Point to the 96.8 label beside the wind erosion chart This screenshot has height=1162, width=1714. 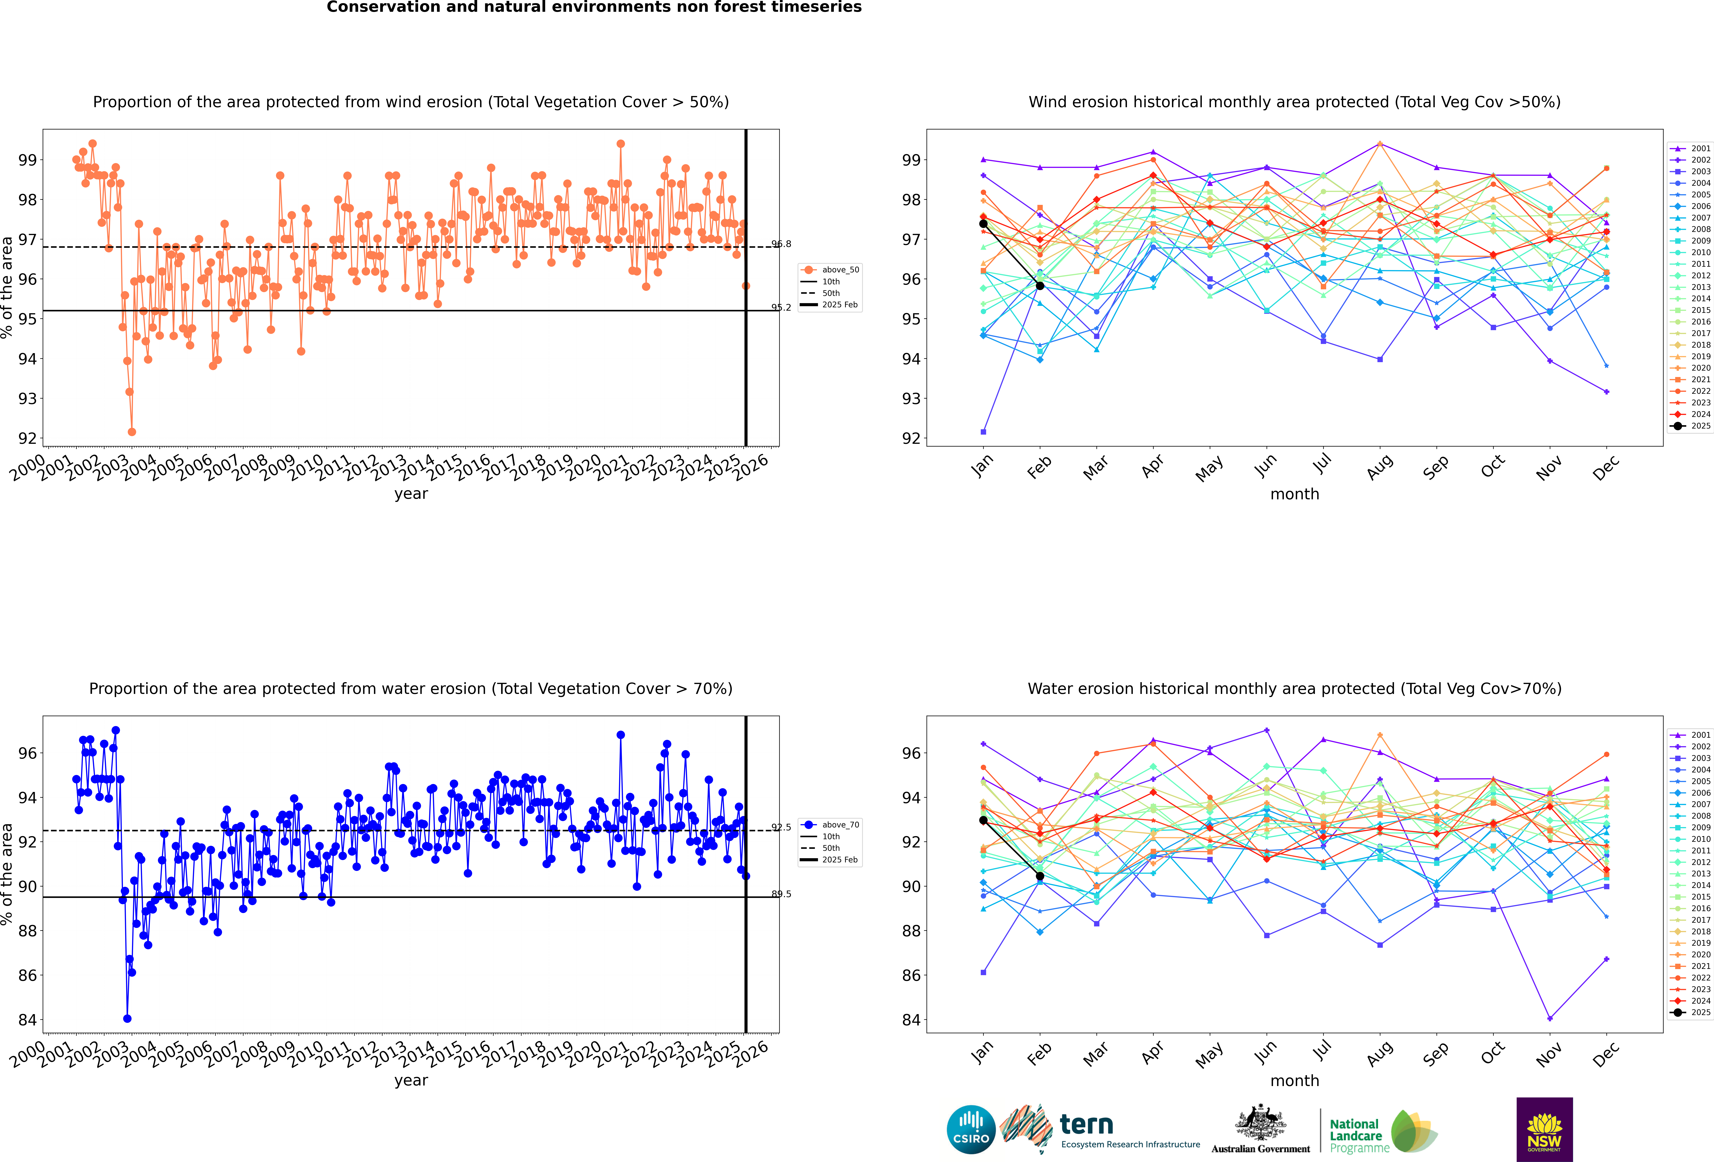[781, 244]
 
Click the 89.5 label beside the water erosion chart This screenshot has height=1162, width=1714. [781, 894]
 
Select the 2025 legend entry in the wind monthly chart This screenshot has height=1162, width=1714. [1693, 426]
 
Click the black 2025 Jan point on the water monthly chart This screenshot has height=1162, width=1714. [983, 820]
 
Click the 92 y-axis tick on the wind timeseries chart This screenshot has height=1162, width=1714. [27, 438]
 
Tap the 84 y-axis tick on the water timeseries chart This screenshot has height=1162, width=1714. [27, 1020]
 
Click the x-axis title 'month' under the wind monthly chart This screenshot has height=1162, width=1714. [1294, 494]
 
